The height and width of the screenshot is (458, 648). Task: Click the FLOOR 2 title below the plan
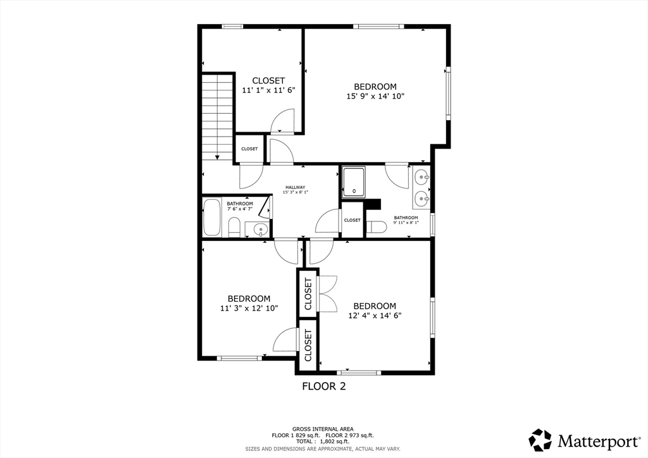click(323, 386)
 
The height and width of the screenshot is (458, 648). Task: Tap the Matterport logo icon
click(540, 440)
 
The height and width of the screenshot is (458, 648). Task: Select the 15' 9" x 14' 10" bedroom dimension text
click(375, 97)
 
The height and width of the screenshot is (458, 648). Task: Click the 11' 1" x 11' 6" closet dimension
click(268, 90)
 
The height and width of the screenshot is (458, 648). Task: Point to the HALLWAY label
click(295, 187)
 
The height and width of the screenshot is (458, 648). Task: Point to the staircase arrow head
click(217, 157)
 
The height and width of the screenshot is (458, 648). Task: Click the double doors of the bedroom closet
click(328, 294)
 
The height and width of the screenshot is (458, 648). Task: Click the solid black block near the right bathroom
click(374, 204)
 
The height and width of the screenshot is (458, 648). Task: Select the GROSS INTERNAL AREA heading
click(323, 428)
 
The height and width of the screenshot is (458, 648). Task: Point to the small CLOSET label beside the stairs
click(249, 149)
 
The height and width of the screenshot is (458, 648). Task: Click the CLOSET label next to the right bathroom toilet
click(352, 220)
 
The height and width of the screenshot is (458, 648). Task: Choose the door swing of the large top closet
click(283, 121)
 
